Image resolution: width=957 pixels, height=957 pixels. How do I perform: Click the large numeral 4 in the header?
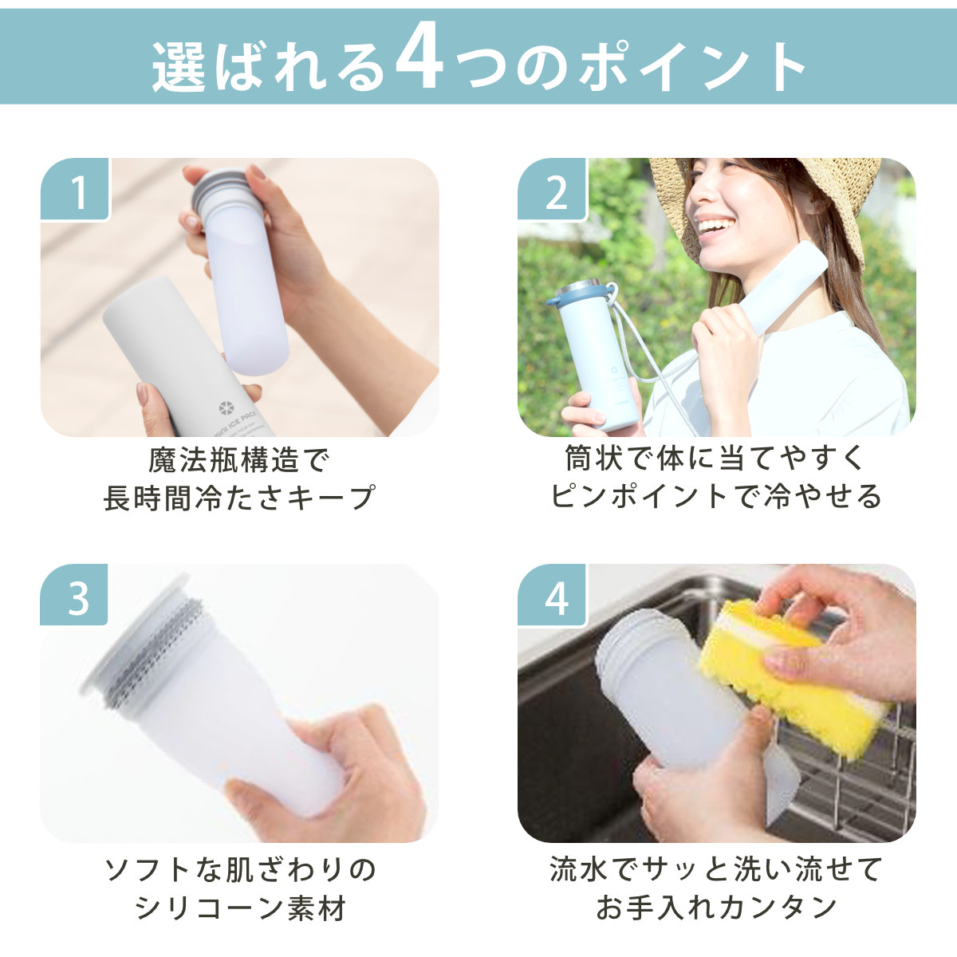pyautogui.click(x=419, y=61)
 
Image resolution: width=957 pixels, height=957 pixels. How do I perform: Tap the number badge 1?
pyautogui.click(x=74, y=189)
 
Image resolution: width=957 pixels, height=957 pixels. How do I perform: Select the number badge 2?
pyautogui.click(x=552, y=189)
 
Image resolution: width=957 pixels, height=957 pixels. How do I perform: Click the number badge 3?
pyautogui.click(x=74, y=594)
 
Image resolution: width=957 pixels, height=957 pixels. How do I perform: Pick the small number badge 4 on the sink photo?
pyautogui.click(x=552, y=594)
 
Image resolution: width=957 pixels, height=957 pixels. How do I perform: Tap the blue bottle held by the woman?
pyautogui.click(x=590, y=355)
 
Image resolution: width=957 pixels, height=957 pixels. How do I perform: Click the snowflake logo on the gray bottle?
pyautogui.click(x=226, y=409)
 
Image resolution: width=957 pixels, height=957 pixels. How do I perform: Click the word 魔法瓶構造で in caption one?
pyautogui.click(x=239, y=459)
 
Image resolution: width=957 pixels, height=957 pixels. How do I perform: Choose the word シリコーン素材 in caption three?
pyautogui.click(x=240, y=908)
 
